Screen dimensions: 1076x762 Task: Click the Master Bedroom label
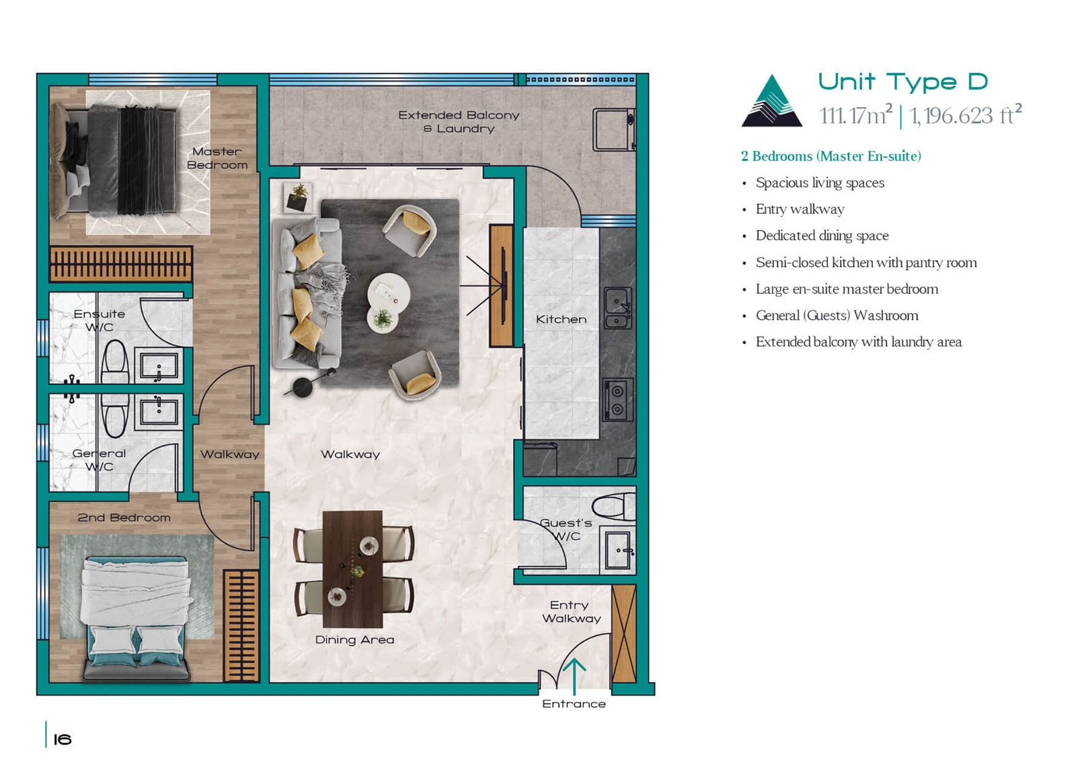point(217,158)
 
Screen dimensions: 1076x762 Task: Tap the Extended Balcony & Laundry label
point(459,122)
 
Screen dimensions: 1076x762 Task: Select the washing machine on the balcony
point(614,130)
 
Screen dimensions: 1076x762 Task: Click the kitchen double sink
point(618,308)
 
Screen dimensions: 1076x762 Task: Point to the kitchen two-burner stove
point(618,399)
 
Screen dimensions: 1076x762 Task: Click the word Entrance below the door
point(574,704)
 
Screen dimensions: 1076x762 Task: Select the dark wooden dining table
point(352,569)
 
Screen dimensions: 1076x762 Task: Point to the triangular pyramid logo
point(771,101)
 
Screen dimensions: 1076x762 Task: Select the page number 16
point(63,739)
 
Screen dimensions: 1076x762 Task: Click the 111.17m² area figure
point(856,115)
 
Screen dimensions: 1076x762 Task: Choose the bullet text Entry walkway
point(800,209)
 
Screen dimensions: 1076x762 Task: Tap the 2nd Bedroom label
point(124,518)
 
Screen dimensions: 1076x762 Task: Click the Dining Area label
point(354,640)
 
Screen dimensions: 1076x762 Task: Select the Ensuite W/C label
point(100,320)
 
